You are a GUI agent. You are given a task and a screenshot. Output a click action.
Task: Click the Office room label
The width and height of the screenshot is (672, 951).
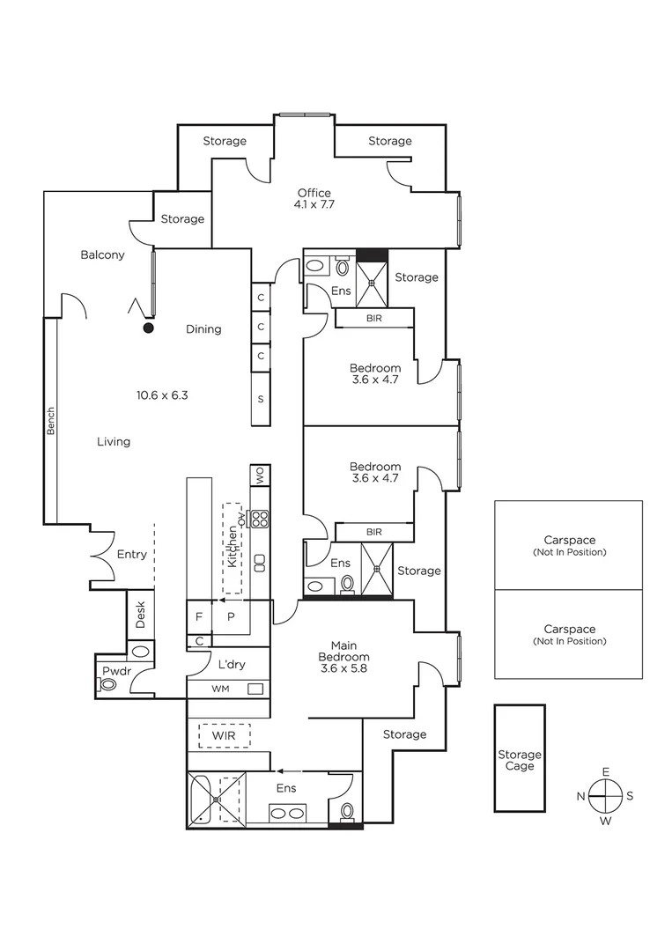[x=314, y=194]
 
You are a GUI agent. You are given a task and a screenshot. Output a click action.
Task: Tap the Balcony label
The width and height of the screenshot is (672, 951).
[x=102, y=255]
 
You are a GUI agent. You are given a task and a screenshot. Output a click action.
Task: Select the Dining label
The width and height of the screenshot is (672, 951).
[x=203, y=329]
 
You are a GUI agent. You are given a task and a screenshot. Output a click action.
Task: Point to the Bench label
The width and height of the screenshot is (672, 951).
[x=51, y=420]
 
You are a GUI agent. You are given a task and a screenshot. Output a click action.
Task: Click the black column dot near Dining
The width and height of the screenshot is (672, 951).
[x=149, y=328]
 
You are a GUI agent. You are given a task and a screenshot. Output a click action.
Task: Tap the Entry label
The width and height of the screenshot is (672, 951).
[x=132, y=555]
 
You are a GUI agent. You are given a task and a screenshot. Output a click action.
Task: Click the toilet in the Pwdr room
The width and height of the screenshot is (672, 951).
[x=109, y=683]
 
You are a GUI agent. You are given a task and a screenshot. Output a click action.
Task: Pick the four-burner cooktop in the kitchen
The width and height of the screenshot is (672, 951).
[x=260, y=519]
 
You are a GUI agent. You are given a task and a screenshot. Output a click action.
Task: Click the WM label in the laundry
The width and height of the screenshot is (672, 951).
[x=220, y=689]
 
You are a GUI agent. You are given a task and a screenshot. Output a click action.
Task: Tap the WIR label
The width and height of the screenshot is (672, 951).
[x=225, y=734]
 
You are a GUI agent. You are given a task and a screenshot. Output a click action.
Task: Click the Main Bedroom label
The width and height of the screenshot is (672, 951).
[x=344, y=657]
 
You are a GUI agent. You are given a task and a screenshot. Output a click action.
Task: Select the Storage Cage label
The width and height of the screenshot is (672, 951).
[x=520, y=760]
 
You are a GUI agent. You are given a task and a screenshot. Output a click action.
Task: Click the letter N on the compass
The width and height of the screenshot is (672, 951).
[x=581, y=796]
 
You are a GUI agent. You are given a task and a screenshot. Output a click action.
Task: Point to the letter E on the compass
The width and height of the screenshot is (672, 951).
[x=606, y=772]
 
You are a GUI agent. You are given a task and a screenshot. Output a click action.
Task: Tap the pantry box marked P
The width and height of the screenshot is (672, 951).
[x=232, y=617]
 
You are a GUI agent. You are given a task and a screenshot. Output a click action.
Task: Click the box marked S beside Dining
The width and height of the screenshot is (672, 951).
[x=261, y=398]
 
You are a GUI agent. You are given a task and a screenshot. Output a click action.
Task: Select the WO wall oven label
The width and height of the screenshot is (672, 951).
[x=260, y=475]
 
